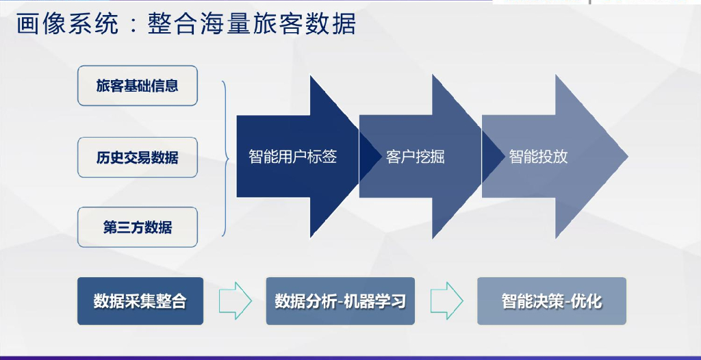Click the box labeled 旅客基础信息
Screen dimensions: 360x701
pos(137,86)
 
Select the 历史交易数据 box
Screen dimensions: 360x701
pos(137,157)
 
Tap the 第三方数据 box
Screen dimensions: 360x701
pos(137,227)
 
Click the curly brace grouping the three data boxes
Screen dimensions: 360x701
pos(225,157)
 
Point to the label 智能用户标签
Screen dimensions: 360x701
pos(292,157)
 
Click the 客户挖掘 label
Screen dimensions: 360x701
pos(415,157)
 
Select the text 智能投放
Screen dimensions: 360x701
pos(538,157)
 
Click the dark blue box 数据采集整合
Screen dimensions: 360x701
pos(140,301)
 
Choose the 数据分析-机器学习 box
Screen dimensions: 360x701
pos(340,301)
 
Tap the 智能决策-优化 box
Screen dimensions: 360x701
pos(551,301)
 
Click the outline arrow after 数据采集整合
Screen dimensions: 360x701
pos(235,300)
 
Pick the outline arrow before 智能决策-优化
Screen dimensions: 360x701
pos(447,300)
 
